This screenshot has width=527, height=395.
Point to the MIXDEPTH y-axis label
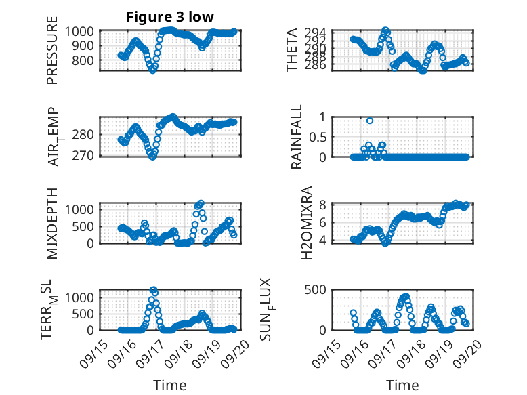coord(53,223)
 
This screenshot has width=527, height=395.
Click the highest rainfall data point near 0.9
coord(370,121)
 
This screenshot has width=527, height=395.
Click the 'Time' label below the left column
coord(170,386)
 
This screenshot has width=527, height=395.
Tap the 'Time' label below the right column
coord(402,386)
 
